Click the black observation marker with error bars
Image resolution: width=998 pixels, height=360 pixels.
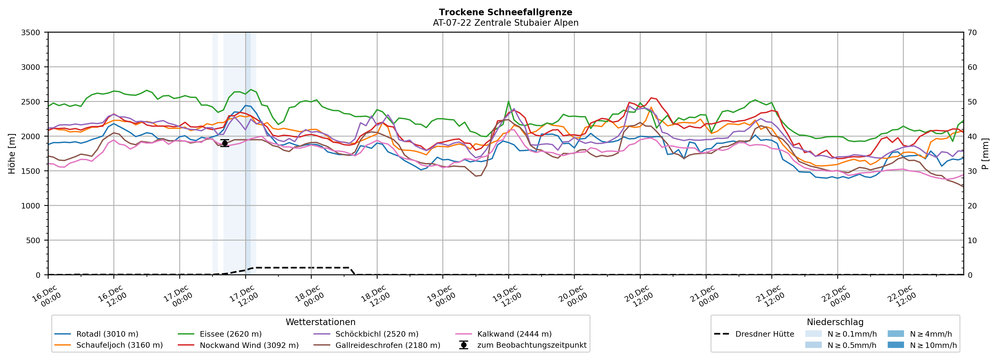225,143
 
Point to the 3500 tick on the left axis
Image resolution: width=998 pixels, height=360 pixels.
31,33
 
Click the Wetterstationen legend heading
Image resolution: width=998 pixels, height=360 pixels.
320,322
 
